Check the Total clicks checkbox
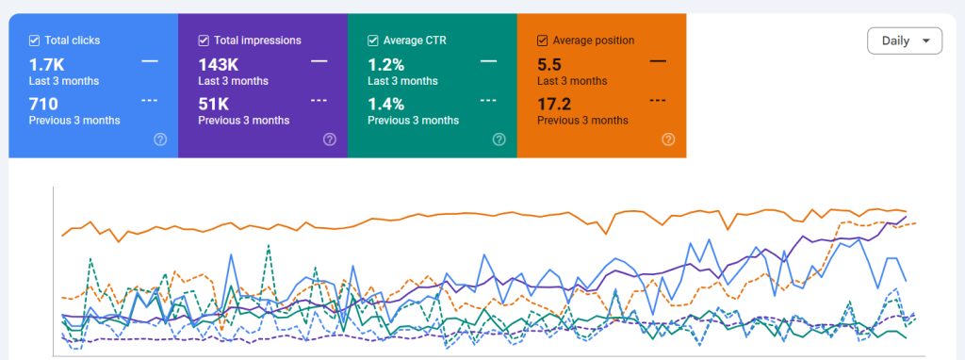coord(35,41)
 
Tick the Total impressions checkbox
coord(204,41)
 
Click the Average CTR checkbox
coord(373,41)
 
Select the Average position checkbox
coord(543,41)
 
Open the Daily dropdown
coord(904,41)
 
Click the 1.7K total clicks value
coord(47,65)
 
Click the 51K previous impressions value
coord(214,104)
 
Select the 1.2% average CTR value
coord(385,65)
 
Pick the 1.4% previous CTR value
coord(385,104)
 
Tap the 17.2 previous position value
coord(554,104)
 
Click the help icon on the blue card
coord(160,139)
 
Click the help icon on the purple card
coord(330,139)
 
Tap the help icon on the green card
coord(499,139)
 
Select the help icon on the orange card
coord(668,139)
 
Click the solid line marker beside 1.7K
coord(149,61)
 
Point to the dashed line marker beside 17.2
coord(658,100)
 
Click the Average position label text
coord(593,41)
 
